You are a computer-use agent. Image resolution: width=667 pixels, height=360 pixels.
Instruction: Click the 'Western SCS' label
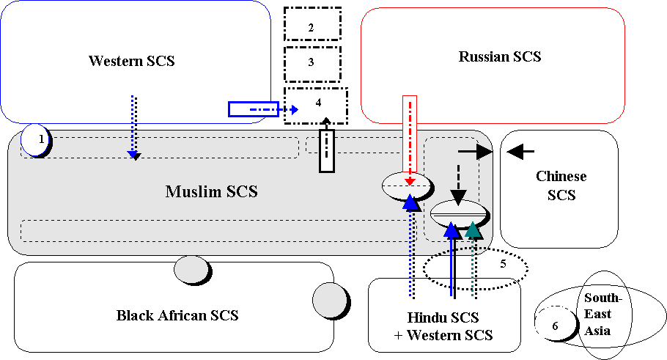point(132,60)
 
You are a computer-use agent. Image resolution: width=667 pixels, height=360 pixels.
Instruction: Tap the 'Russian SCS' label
point(500,56)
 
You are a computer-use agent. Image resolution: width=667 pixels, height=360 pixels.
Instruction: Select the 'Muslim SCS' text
point(211,191)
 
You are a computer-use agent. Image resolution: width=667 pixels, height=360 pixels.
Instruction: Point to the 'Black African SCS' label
point(177,316)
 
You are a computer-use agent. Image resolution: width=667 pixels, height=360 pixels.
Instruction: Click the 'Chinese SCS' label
point(560,185)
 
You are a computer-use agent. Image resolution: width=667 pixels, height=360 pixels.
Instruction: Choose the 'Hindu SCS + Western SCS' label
point(443,326)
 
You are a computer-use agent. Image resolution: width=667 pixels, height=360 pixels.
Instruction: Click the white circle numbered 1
point(36,139)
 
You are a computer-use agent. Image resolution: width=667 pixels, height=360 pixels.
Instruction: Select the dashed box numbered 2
point(312,24)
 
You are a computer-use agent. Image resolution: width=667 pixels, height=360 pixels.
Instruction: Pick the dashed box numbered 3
point(312,63)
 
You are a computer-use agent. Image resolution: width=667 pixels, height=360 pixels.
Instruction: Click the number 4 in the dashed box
point(318,102)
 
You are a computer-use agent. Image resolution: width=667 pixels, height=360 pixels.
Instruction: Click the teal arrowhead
point(473,230)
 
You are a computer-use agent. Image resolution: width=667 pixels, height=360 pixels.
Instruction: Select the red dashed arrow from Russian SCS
point(410,139)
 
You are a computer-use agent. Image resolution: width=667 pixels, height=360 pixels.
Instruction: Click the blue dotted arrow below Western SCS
point(133,126)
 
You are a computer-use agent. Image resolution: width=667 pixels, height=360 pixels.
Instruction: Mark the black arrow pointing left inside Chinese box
point(520,152)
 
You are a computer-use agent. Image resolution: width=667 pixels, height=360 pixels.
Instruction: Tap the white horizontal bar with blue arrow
point(254,109)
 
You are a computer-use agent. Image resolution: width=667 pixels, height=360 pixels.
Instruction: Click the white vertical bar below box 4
point(326,150)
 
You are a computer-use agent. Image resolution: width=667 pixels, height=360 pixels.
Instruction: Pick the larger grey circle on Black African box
point(329,300)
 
